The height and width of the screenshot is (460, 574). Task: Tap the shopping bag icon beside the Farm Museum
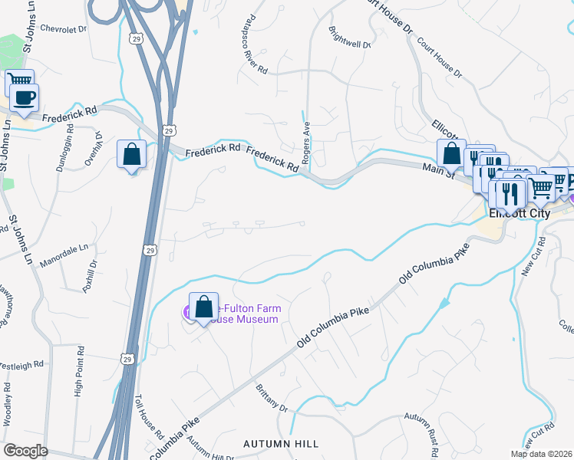tap(204, 307)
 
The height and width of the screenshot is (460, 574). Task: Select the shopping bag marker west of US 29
tap(132, 154)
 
